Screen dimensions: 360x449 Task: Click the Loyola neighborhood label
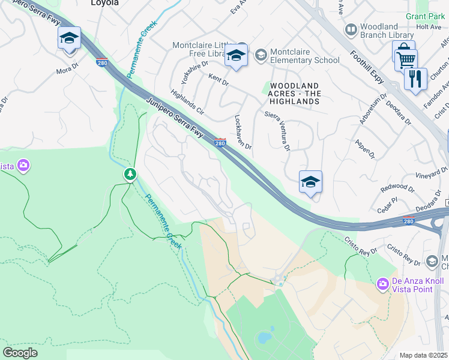104,3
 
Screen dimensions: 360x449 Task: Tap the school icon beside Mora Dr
69,39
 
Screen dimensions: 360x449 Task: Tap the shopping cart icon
405,59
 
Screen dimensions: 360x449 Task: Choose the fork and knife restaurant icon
415,78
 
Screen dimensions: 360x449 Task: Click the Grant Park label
425,16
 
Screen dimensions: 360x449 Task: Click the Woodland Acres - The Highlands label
294,94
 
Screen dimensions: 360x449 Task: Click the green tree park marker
130,174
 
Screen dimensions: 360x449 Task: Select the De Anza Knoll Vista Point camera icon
382,283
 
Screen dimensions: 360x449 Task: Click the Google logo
20,353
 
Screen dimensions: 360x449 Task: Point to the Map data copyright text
424,355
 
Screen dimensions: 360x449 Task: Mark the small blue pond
265,337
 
